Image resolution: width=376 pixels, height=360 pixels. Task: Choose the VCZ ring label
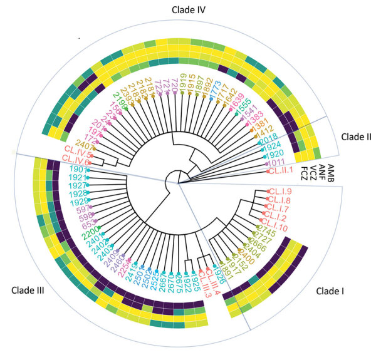pos(311,172)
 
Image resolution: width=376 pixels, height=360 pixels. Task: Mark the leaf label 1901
pos(73,170)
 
